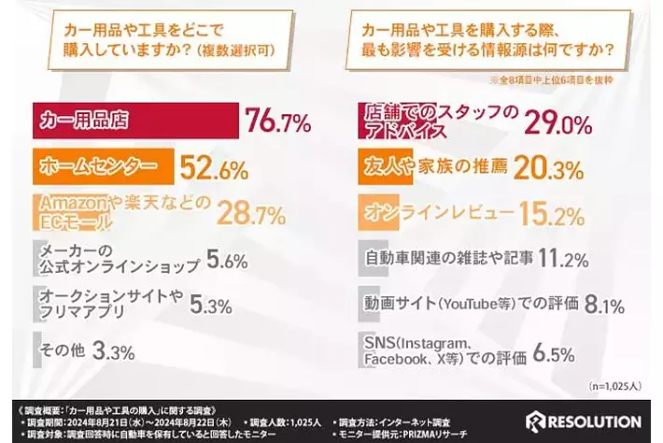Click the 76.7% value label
point(277,121)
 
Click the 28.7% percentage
point(251,215)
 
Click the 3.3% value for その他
point(116,351)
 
